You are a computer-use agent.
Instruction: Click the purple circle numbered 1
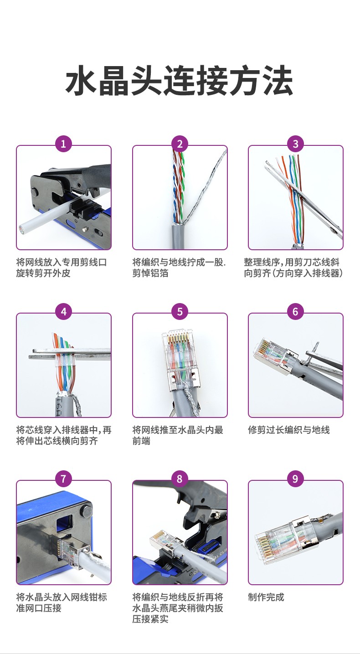[x=63, y=144]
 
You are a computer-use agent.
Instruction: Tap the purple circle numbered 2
[x=180, y=144]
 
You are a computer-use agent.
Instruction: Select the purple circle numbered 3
[x=295, y=144]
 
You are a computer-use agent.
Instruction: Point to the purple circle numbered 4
[x=63, y=312]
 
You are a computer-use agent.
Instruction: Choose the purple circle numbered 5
[x=180, y=312]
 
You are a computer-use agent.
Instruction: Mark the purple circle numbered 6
[x=295, y=312]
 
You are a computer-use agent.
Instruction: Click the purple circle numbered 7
[x=63, y=479]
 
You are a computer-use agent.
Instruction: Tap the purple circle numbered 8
[x=180, y=479]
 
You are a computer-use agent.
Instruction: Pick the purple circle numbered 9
[x=295, y=479]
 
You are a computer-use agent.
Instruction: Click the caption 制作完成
[x=266, y=597]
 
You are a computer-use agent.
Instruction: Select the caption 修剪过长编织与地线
[x=289, y=430]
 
